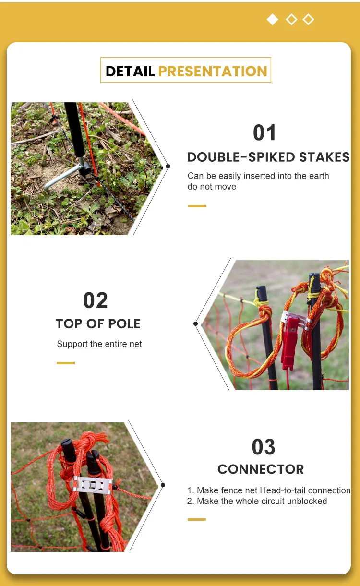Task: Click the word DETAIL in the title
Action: click(130, 72)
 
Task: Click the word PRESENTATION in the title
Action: click(212, 72)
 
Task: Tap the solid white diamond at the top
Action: click(272, 20)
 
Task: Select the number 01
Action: click(264, 133)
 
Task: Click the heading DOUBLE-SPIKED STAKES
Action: click(268, 157)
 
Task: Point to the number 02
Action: click(95, 300)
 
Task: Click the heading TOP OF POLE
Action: click(98, 323)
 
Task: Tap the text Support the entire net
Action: click(99, 344)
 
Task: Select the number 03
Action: click(264, 447)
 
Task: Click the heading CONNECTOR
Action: click(261, 469)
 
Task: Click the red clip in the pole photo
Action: click(289, 341)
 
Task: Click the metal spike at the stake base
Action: click(62, 178)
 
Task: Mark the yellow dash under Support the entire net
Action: click(66, 363)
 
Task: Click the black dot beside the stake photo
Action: click(168, 167)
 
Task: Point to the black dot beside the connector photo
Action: click(163, 485)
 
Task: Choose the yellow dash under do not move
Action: click(197, 206)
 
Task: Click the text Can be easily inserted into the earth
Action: click(258, 176)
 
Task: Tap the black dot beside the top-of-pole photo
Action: click(195, 323)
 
